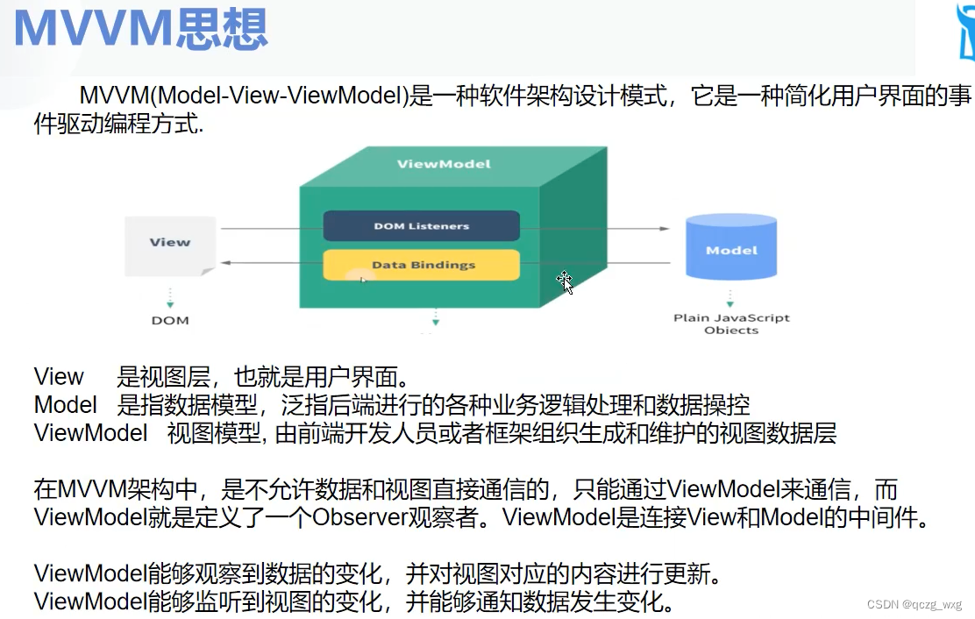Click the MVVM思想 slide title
click(x=140, y=29)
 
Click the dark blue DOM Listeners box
click(x=421, y=225)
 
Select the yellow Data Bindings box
click(x=421, y=265)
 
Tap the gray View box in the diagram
click(x=170, y=245)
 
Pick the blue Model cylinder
click(x=731, y=246)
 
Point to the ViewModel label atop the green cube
click(x=444, y=164)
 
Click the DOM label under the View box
click(x=170, y=321)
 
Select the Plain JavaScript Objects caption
click(x=731, y=324)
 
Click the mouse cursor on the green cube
click(x=565, y=282)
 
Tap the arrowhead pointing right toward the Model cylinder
click(x=665, y=229)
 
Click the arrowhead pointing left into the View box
click(x=226, y=263)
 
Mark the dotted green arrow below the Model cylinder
click(x=730, y=298)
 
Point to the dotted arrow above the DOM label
click(x=170, y=298)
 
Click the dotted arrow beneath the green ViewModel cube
click(x=435, y=317)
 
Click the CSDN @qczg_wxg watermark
click(x=914, y=604)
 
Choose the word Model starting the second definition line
click(x=65, y=404)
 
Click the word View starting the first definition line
click(x=59, y=377)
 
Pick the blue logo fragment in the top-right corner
click(x=966, y=31)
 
